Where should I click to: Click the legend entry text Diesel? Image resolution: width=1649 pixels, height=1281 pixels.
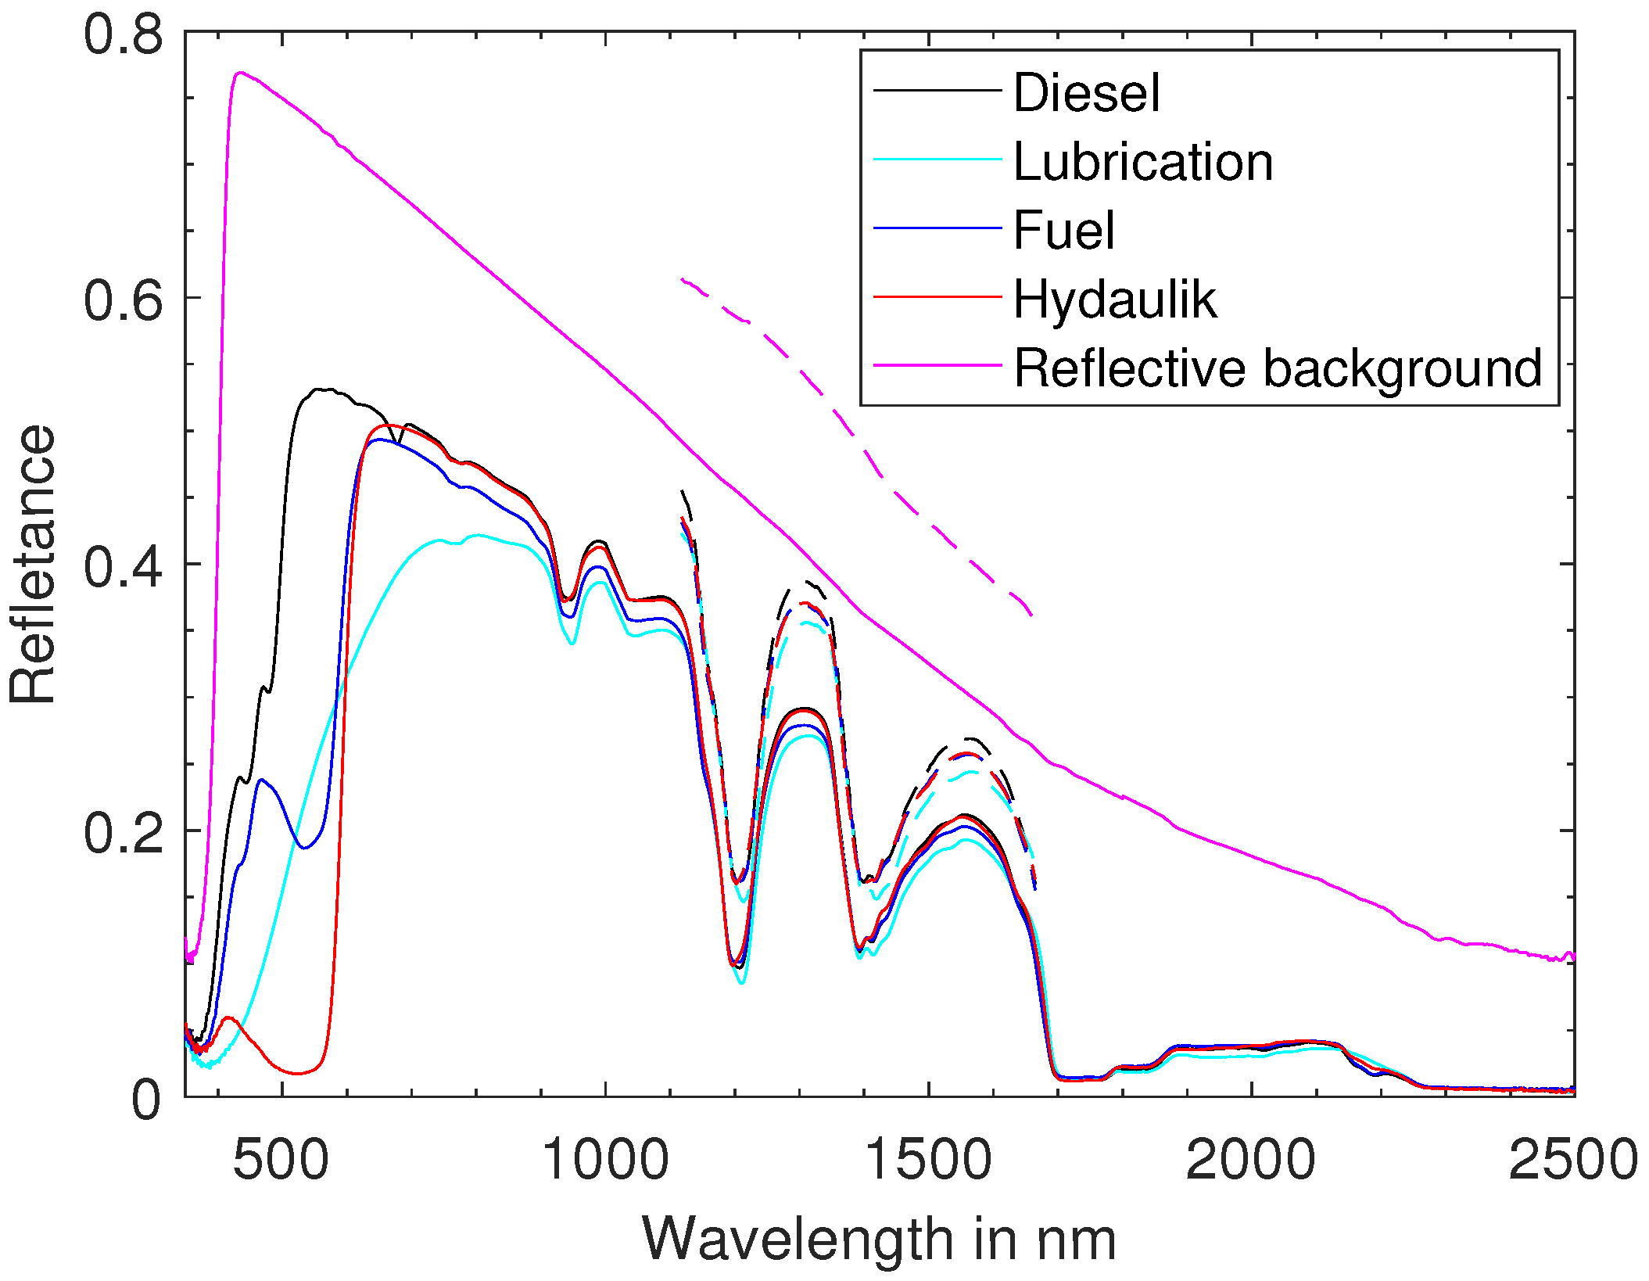(1086, 93)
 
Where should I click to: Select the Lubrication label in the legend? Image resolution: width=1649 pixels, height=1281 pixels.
(1142, 162)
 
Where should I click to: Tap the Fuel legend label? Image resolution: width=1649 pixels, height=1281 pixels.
(1063, 231)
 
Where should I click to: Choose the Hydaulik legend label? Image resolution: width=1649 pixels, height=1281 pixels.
(1114, 300)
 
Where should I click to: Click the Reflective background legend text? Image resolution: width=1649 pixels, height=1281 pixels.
(1277, 368)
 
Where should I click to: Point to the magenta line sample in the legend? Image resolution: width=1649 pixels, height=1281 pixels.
(937, 364)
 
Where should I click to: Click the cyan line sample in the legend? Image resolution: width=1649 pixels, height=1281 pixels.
(937, 160)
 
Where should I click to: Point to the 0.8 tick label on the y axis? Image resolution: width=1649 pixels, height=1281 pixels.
(124, 34)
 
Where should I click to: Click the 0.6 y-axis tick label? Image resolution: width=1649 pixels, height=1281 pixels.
(124, 300)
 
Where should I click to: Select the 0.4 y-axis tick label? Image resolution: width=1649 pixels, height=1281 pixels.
(124, 566)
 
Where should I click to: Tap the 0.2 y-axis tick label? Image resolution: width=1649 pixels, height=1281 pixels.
(124, 832)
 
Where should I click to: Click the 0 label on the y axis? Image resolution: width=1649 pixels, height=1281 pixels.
(146, 1099)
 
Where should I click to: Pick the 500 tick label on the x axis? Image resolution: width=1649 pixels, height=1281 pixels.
(281, 1159)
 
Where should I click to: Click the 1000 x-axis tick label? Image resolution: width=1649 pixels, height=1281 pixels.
(605, 1159)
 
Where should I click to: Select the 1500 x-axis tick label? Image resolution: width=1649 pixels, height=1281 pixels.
(929, 1159)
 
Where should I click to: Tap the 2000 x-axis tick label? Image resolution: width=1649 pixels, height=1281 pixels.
(1252, 1159)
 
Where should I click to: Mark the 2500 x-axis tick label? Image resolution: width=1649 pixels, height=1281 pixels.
(1572, 1159)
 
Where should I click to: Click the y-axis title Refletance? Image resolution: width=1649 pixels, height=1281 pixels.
(33, 564)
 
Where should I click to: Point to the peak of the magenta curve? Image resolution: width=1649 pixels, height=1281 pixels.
(240, 73)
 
